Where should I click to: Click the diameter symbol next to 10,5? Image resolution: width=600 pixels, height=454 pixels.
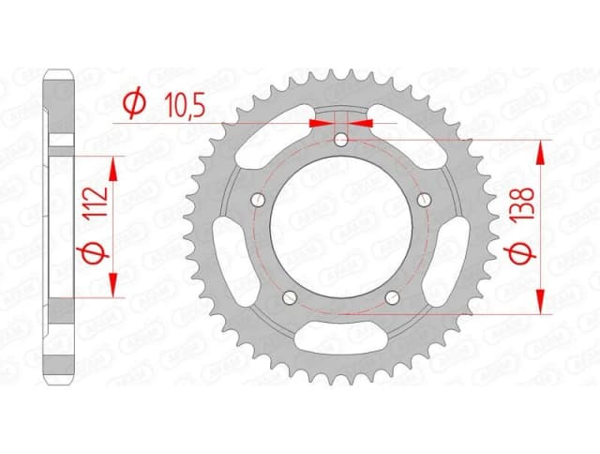coord(133,103)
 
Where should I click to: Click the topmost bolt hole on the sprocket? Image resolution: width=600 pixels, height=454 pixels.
coord(341,141)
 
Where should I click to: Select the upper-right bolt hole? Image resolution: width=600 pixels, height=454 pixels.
coord(423,198)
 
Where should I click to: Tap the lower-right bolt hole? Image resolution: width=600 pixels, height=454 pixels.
coord(392,297)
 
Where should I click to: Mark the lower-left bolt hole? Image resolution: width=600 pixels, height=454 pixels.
coord(290,297)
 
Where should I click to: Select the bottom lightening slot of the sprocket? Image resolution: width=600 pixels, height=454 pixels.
coord(341,343)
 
